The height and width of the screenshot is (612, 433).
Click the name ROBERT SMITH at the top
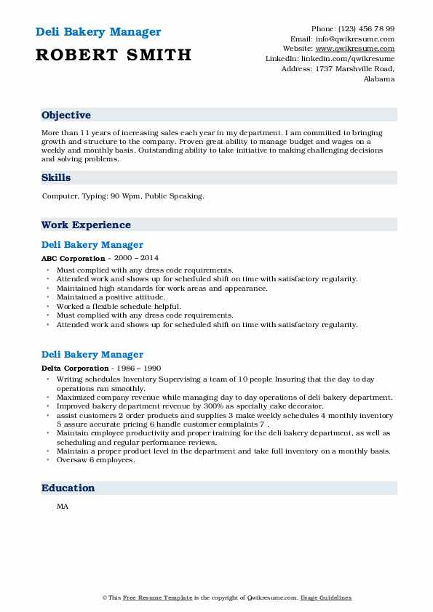114,55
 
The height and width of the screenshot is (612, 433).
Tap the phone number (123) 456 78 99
366,28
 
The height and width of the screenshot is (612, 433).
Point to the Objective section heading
66,116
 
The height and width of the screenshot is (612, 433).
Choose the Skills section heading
56,177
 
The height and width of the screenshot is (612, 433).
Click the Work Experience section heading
86,225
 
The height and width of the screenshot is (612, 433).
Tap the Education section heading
68,488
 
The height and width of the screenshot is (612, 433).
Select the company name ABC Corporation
74,258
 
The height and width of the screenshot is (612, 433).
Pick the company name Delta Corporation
75,368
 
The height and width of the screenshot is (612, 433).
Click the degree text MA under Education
63,507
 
